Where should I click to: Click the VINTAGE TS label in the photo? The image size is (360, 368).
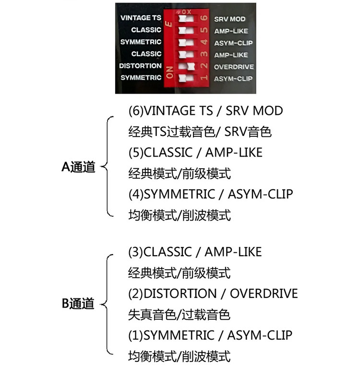(140, 18)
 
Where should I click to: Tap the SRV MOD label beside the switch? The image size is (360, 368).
(229, 19)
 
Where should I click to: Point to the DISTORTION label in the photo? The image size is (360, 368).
(140, 66)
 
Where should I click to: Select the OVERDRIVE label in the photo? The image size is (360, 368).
(234, 67)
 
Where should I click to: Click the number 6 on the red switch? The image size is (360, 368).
(204, 18)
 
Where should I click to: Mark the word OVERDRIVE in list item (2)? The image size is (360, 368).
(264, 294)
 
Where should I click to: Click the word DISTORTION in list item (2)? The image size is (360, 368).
(180, 294)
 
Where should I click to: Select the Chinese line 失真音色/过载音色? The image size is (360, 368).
(179, 315)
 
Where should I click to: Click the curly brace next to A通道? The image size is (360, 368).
(108, 167)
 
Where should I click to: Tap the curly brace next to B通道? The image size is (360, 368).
(108, 304)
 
